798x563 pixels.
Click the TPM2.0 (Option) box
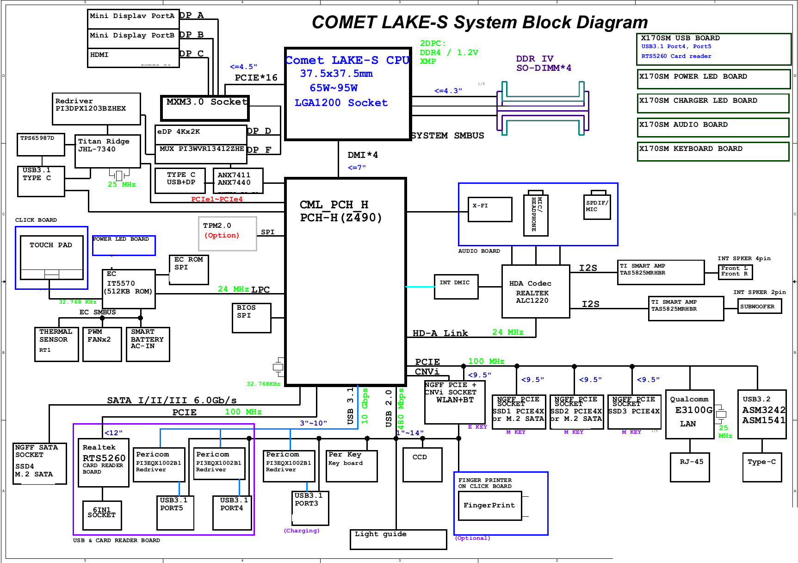click(227, 234)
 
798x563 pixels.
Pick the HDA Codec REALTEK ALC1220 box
click(536, 291)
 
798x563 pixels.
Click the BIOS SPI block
click(251, 318)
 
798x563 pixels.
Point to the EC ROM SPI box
click(189, 269)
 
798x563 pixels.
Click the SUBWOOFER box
click(759, 306)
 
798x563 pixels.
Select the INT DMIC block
click(456, 287)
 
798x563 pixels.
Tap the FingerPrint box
click(489, 506)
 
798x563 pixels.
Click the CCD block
click(422, 464)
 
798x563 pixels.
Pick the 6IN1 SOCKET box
click(102, 515)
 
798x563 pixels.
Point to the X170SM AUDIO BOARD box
click(712, 127)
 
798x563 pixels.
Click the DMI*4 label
click(362, 155)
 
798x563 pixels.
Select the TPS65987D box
click(41, 144)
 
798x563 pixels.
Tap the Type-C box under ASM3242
click(761, 467)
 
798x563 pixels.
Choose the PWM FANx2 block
click(102, 344)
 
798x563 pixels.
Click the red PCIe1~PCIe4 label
click(217, 199)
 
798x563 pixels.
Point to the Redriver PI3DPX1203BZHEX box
click(96, 109)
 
